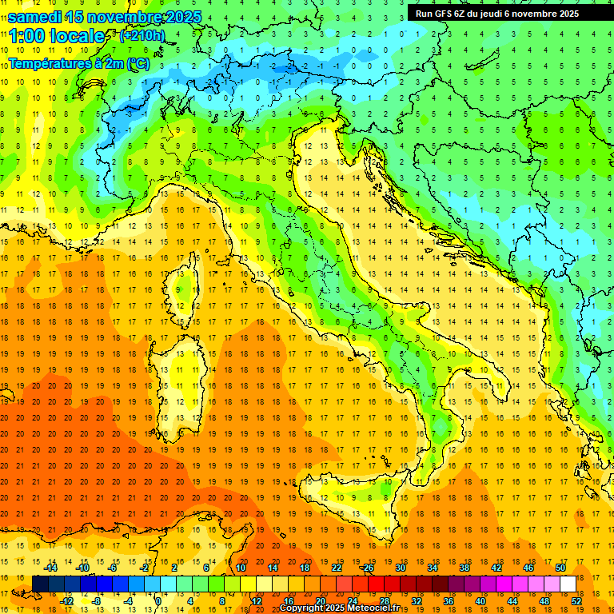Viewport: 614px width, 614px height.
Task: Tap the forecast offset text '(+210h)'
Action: click(142, 36)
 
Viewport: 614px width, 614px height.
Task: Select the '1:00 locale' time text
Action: click(56, 36)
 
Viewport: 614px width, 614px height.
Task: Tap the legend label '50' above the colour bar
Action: click(560, 568)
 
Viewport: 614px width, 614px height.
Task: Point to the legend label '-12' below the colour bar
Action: click(67, 600)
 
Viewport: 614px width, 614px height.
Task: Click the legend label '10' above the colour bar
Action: click(241, 568)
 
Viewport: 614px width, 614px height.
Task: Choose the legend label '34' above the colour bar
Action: click(433, 568)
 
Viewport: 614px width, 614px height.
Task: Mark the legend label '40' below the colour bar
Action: click(480, 600)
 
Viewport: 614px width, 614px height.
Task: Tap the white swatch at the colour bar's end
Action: click(568, 584)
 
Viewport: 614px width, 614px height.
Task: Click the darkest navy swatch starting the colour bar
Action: click(40, 584)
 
